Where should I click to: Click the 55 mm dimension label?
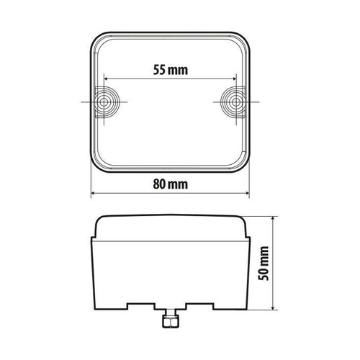(170, 70)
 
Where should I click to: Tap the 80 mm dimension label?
(170, 184)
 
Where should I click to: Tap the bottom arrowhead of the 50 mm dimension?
(275, 311)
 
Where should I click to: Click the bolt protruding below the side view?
(169, 320)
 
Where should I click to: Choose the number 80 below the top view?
(161, 184)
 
